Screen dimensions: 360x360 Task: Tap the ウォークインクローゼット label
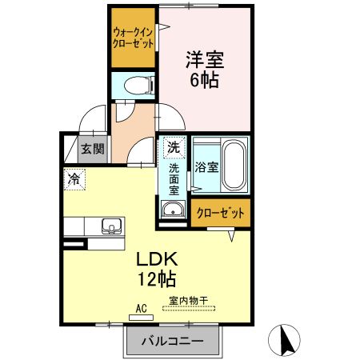pos(133,38)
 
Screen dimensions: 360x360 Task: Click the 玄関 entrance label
pos(92,149)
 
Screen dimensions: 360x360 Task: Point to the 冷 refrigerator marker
pos(74,179)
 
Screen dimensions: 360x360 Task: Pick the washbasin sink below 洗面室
pos(171,210)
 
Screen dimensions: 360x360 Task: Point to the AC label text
pos(141,307)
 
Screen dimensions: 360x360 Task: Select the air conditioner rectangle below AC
pos(141,317)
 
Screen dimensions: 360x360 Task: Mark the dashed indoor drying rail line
pos(188,310)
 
